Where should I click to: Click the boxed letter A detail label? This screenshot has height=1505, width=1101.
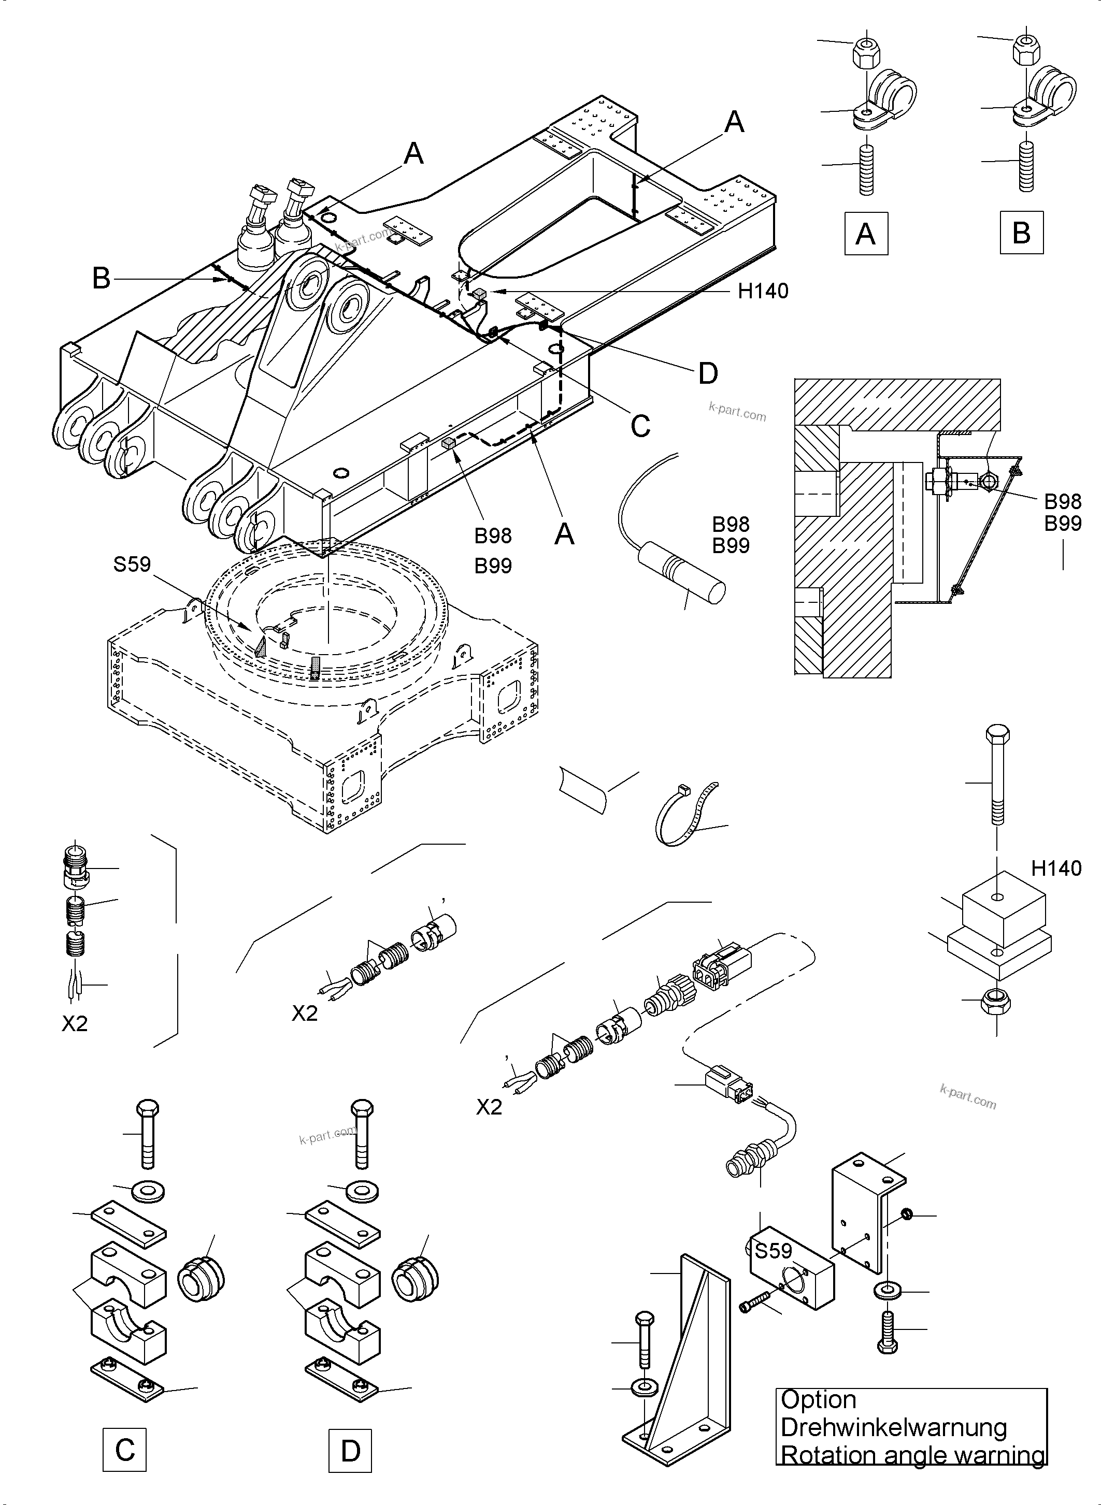(x=865, y=233)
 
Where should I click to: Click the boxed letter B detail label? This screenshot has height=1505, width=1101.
(x=1021, y=233)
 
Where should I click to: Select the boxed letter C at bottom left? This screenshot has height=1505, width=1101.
(x=125, y=1450)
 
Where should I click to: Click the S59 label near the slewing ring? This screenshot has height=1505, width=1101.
(x=132, y=565)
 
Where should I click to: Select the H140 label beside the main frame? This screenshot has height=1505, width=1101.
(x=763, y=291)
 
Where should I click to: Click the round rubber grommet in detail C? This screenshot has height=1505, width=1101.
(x=201, y=1280)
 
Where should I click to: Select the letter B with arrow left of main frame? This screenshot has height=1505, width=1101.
(x=102, y=278)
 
